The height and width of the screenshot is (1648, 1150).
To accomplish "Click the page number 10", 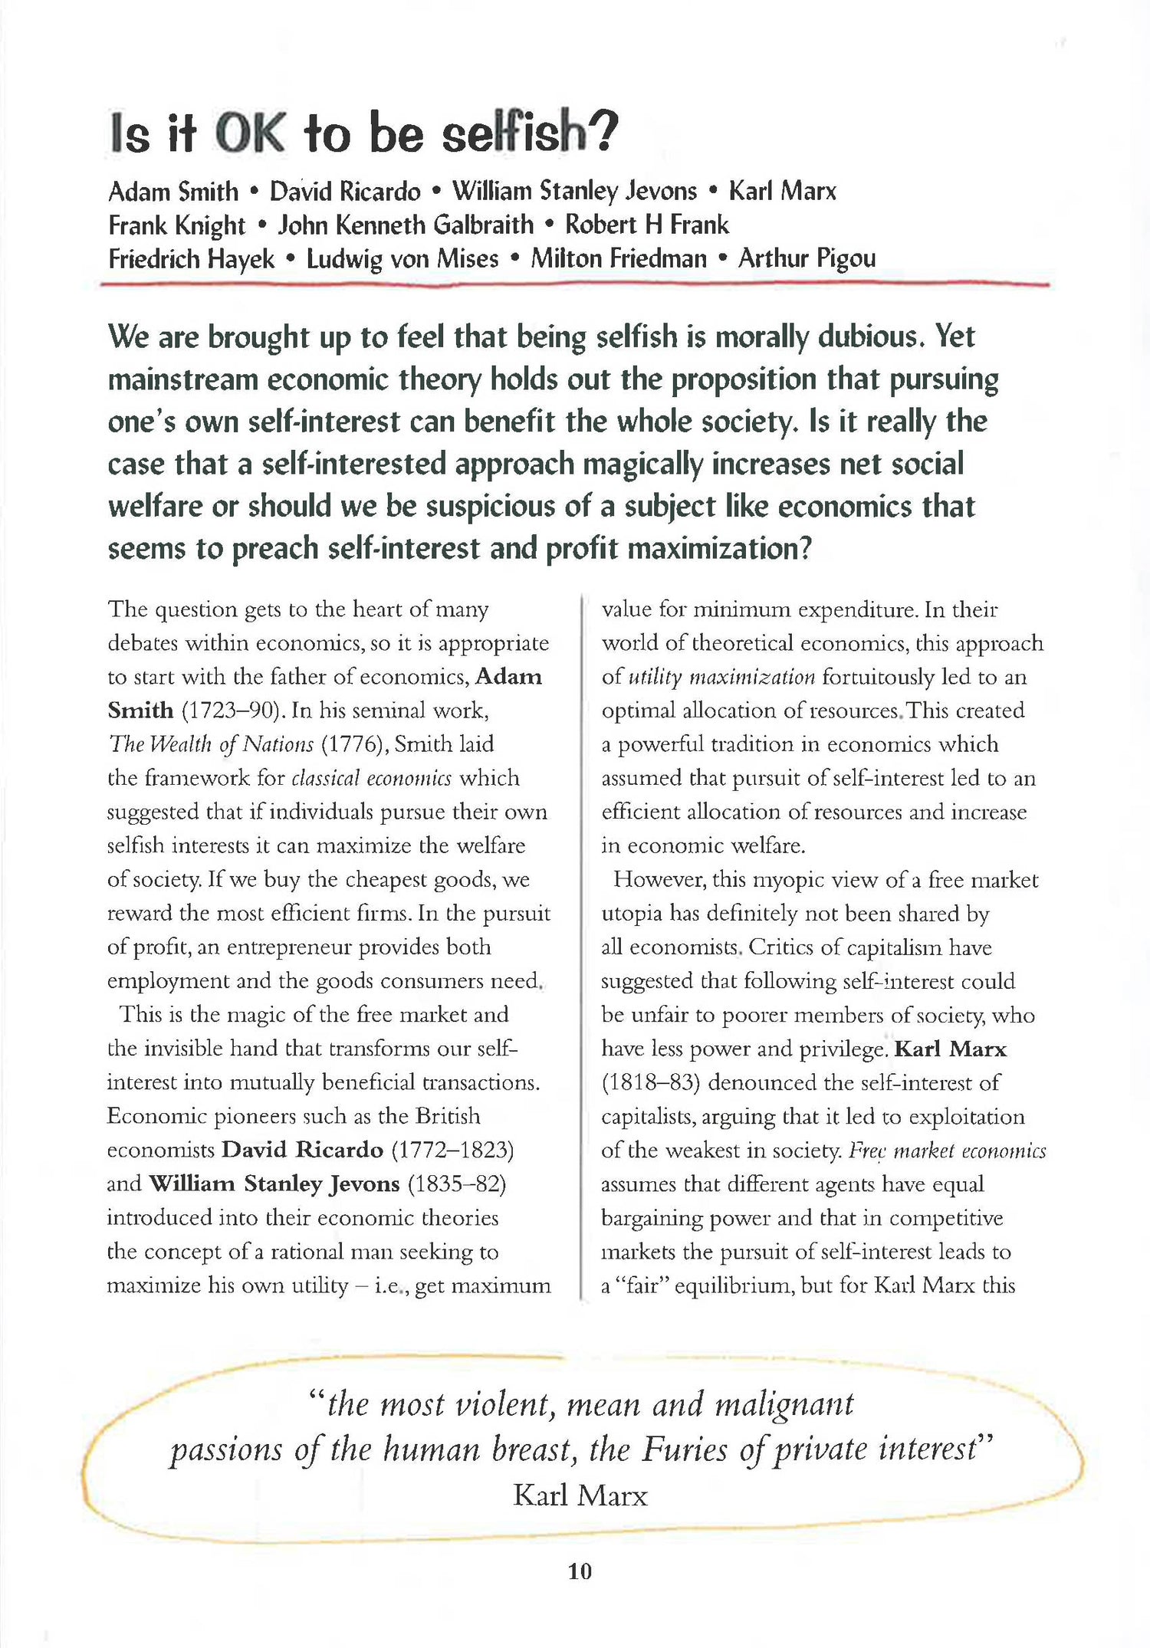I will coord(580,1571).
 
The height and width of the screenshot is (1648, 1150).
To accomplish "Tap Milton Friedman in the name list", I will coord(619,258).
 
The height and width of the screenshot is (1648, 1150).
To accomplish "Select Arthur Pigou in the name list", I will coord(807,258).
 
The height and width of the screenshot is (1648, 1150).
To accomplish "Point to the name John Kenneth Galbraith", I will coord(406,225).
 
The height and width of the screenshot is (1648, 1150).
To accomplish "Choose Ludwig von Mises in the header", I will coord(402,258).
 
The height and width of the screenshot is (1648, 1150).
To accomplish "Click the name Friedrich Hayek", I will coord(191,258).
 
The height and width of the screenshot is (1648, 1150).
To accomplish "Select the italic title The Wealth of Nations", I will coord(211,744).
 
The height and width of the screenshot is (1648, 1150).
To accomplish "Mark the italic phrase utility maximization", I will coord(721,677).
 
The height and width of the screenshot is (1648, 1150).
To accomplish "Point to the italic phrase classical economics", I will coord(373,778).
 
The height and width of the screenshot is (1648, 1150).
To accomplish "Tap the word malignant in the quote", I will coord(784,1404).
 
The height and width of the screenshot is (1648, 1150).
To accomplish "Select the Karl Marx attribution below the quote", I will coord(580,1495).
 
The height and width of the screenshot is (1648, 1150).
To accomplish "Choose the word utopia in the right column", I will coord(632,913).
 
